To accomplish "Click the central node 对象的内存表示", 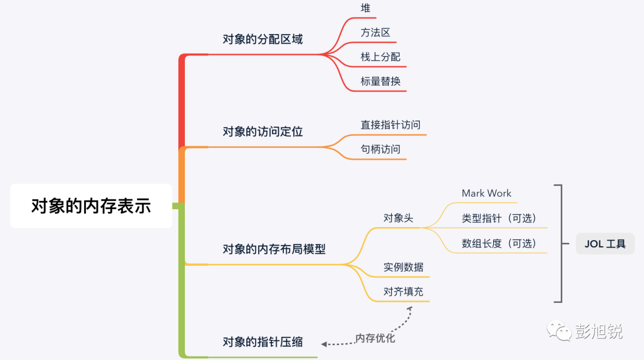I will pos(91,206).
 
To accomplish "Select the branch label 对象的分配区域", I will pos(262,39).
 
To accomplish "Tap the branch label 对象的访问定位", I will pos(262,131).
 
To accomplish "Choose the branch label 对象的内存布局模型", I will pos(274,249).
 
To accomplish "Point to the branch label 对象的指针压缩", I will pos(262,342).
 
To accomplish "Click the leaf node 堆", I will pos(366,8).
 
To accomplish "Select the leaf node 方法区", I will pos(375,33).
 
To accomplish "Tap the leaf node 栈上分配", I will pos(380,57).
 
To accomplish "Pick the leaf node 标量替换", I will pos(380,82).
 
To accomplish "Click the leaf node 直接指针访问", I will pos(391,125).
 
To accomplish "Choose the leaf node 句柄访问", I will pos(380,149).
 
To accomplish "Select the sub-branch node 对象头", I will pos(398,218).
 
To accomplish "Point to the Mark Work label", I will pos(487,193).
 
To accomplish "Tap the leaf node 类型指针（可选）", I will pos(499,218).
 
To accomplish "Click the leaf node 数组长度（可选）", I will pos(499,243).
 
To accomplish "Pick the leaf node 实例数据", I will pos(404,267).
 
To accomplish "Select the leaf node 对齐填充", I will pos(404,292).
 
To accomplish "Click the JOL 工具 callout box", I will pos(605,244).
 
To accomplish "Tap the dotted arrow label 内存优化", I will pos(375,339).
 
